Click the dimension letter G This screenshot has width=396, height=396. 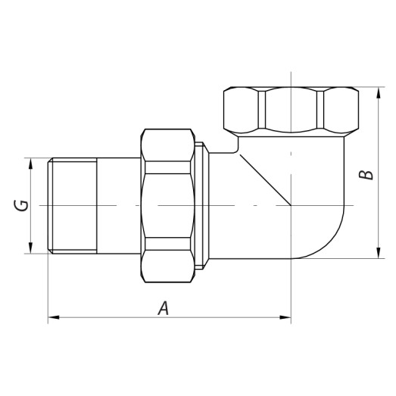(23, 205)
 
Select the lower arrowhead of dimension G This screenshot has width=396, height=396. (31, 249)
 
